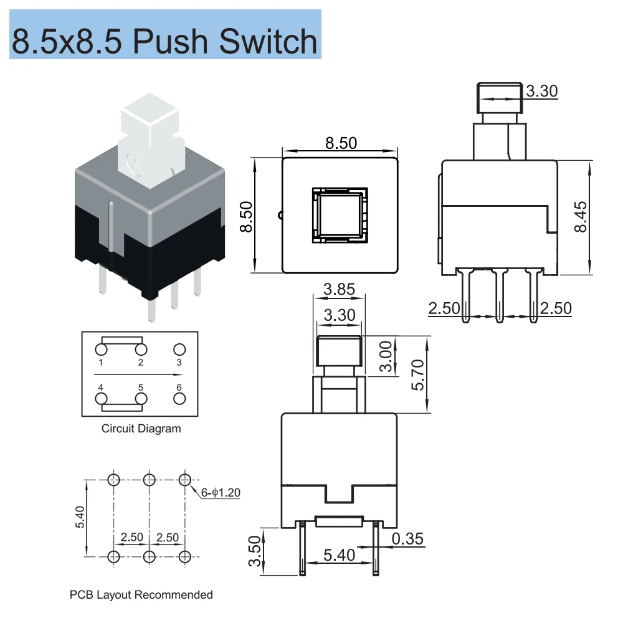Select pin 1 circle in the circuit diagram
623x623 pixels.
click(x=101, y=348)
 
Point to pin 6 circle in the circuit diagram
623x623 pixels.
click(x=179, y=397)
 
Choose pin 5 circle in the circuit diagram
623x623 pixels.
click(x=141, y=398)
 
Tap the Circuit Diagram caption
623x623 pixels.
click(x=141, y=429)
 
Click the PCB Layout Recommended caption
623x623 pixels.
click(x=141, y=595)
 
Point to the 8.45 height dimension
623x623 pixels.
click(x=580, y=217)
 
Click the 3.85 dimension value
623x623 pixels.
click(x=340, y=290)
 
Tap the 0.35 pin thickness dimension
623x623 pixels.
click(x=408, y=538)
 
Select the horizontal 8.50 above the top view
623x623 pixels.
click(x=341, y=143)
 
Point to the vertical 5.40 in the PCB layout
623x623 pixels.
click(x=79, y=516)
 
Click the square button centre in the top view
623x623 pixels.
click(x=340, y=215)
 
